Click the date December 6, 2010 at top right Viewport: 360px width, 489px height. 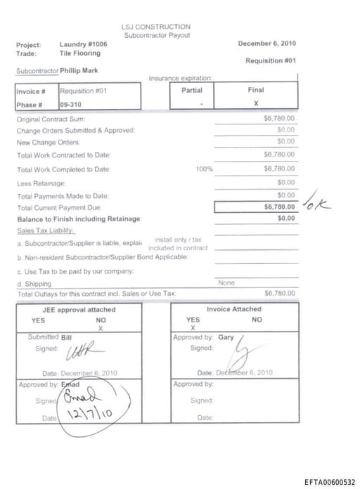266,43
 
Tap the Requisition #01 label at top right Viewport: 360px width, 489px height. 270,60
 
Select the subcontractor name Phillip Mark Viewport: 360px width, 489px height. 79,70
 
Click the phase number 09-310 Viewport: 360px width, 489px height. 70,104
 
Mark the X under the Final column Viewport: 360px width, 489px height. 255,103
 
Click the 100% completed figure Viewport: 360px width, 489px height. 205,169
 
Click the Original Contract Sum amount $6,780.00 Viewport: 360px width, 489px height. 279,119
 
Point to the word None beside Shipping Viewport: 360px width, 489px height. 226,282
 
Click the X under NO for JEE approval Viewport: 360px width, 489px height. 101,328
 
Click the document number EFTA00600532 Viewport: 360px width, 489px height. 330,482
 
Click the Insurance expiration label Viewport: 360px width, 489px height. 181,78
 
